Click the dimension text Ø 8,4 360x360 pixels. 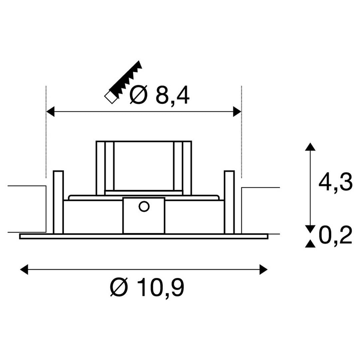tap(159, 95)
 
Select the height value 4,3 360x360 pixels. tap(335, 183)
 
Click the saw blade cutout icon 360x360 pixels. tap(123, 82)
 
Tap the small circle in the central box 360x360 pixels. tap(144, 206)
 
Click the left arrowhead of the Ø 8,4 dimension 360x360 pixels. tap(50, 111)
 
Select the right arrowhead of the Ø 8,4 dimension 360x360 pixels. tap(237, 111)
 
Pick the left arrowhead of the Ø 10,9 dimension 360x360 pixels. tap(24, 269)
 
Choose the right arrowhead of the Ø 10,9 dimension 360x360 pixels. tap(264, 269)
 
